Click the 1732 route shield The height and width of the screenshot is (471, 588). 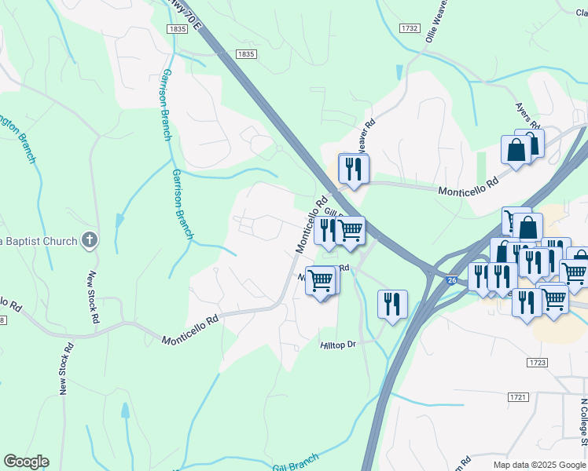409,28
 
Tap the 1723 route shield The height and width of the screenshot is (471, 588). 538,362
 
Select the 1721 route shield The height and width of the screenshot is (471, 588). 518,398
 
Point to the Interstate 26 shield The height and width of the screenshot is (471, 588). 451,279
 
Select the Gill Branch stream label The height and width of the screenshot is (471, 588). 296,463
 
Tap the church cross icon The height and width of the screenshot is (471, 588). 90,241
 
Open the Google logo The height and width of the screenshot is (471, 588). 26,462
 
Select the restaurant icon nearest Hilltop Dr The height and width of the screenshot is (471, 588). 392,303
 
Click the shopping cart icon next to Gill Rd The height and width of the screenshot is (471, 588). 351,230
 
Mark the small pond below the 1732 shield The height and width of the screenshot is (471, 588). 401,73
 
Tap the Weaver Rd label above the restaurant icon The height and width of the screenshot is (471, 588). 362,137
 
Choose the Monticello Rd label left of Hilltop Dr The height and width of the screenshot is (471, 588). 189,331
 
